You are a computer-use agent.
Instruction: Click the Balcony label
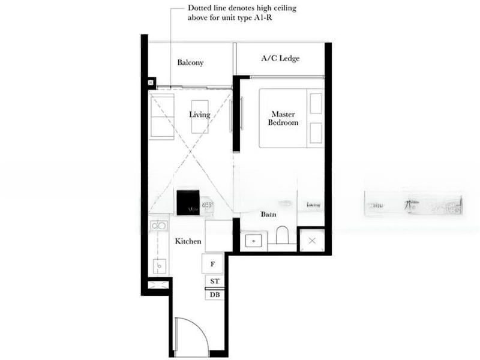(190, 62)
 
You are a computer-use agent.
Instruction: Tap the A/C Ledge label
(280, 59)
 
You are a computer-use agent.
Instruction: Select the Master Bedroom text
(284, 118)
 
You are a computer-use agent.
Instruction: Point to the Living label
(199, 115)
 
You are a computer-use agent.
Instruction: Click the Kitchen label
(188, 241)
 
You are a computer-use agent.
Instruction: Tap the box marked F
(213, 263)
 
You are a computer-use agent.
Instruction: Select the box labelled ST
(214, 281)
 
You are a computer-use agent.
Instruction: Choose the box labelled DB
(214, 294)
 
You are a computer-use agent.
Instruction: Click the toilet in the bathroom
(282, 236)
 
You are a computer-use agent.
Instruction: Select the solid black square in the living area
(188, 202)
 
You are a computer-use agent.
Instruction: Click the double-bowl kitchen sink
(158, 226)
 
